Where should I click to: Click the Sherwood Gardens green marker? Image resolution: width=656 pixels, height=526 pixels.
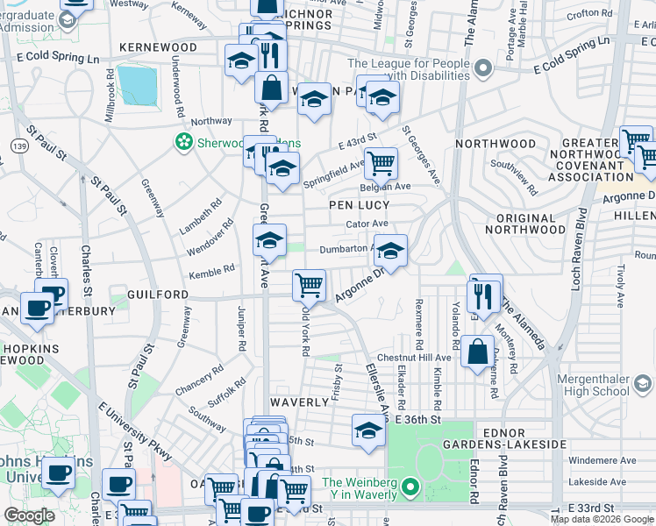click(184, 140)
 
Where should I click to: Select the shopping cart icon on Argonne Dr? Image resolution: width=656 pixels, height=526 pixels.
click(309, 284)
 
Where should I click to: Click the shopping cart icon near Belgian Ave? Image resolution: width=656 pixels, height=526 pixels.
click(381, 162)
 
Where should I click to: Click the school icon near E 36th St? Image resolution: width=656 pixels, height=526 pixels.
click(368, 430)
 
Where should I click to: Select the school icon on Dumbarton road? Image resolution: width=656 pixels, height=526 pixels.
click(390, 251)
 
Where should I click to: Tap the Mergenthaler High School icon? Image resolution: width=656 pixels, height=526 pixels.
click(642, 385)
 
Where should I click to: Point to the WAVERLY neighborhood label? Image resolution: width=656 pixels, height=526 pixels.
click(298, 402)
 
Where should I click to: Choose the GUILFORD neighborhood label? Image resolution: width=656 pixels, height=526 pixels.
click(158, 295)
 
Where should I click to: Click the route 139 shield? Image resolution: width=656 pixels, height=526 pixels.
click(16, 143)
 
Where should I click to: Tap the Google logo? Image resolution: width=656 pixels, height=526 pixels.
click(29, 515)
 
